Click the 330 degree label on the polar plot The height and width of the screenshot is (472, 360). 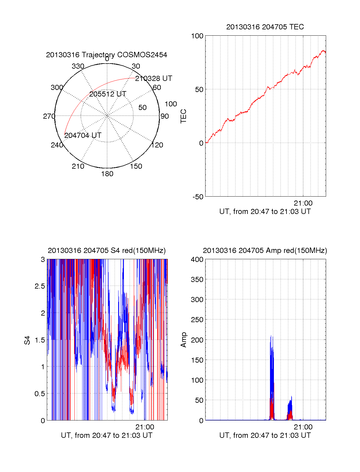coord(78,66)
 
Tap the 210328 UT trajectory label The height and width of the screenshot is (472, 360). coord(154,79)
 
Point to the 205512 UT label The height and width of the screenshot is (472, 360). coord(108,94)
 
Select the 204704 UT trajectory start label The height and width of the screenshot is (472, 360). coord(83,135)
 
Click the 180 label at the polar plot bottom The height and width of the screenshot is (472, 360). coord(107,174)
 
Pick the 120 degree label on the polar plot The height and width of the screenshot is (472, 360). coord(157,145)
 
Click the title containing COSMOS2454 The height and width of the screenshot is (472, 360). coord(106,55)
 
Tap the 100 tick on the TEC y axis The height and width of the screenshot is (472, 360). coord(197,36)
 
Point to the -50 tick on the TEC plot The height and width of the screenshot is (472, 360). coord(198,197)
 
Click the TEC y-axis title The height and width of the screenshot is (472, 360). coord(183,116)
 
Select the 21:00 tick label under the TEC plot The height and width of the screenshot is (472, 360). coord(303,203)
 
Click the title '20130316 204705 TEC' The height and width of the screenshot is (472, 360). coord(265,27)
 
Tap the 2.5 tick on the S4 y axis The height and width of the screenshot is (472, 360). coord(40,286)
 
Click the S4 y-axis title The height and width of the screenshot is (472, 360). coord(27,340)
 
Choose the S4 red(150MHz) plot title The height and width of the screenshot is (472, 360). coord(106,251)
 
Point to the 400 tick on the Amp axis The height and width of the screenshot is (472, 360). coord(197,260)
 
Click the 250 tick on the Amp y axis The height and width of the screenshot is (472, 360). coord(197,320)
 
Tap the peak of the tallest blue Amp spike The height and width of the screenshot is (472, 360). coord(271,336)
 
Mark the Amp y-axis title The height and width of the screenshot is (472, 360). coord(183,340)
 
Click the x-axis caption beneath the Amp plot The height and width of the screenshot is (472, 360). coord(265,435)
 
